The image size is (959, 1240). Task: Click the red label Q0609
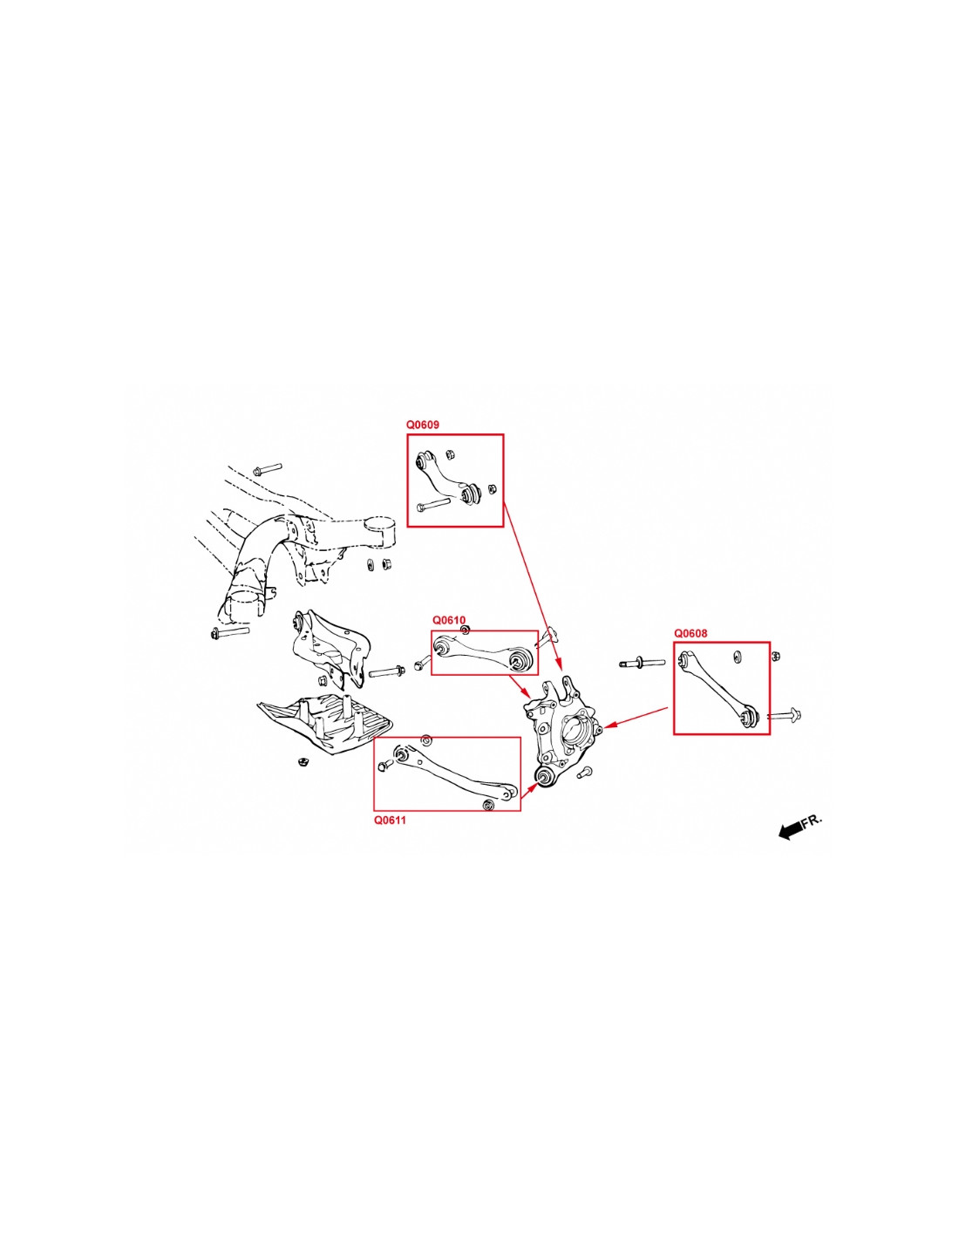pyautogui.click(x=422, y=426)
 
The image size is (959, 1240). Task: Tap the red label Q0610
pyautogui.click(x=448, y=620)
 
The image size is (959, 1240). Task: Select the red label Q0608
pyautogui.click(x=690, y=633)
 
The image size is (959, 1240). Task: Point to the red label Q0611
pyautogui.click(x=391, y=820)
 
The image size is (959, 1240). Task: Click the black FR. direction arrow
pyautogui.click(x=790, y=831)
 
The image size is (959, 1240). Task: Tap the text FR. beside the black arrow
pyautogui.click(x=812, y=821)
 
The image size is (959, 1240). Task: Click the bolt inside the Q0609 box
pyautogui.click(x=433, y=505)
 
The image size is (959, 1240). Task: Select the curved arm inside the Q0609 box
pyautogui.click(x=448, y=480)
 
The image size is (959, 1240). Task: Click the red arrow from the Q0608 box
pyautogui.click(x=636, y=718)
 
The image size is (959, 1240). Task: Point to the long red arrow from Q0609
pyautogui.click(x=533, y=585)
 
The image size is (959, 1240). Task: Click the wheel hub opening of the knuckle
pyautogui.click(x=574, y=726)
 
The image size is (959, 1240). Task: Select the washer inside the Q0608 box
pyautogui.click(x=737, y=657)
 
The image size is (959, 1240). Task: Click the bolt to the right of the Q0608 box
pyautogui.click(x=785, y=714)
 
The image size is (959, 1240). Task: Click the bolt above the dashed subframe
pyautogui.click(x=267, y=469)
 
